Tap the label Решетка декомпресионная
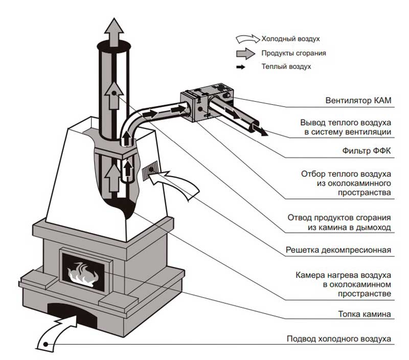point(339,250)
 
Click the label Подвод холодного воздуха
point(339,339)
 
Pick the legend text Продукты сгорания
point(293,53)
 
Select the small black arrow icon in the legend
point(247,66)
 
